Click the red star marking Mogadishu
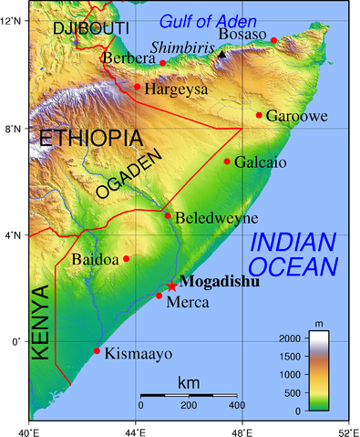coord(172,286)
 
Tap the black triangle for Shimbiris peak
coord(221,55)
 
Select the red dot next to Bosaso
coord(273,40)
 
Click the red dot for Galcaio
coord(227,161)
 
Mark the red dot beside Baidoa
coord(127,258)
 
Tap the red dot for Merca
coord(159,296)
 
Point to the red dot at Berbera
coord(163,63)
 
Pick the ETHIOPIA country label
coord(90,139)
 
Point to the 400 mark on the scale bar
coord(236,405)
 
